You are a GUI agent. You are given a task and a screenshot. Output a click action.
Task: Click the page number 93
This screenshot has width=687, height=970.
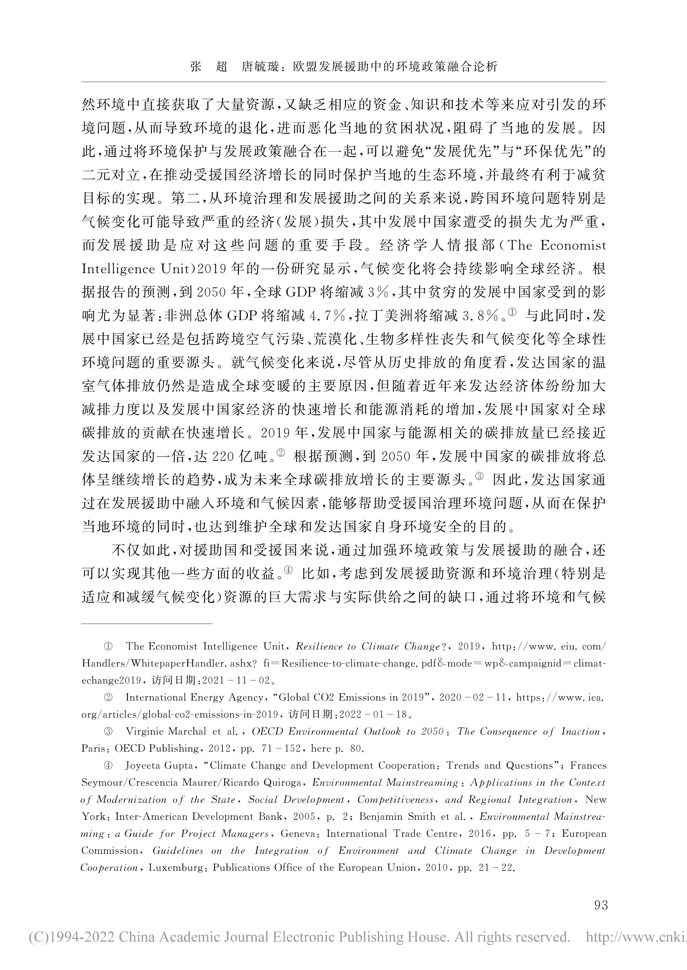[x=601, y=905]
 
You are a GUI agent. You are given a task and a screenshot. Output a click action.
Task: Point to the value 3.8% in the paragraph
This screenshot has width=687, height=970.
[x=483, y=315]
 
